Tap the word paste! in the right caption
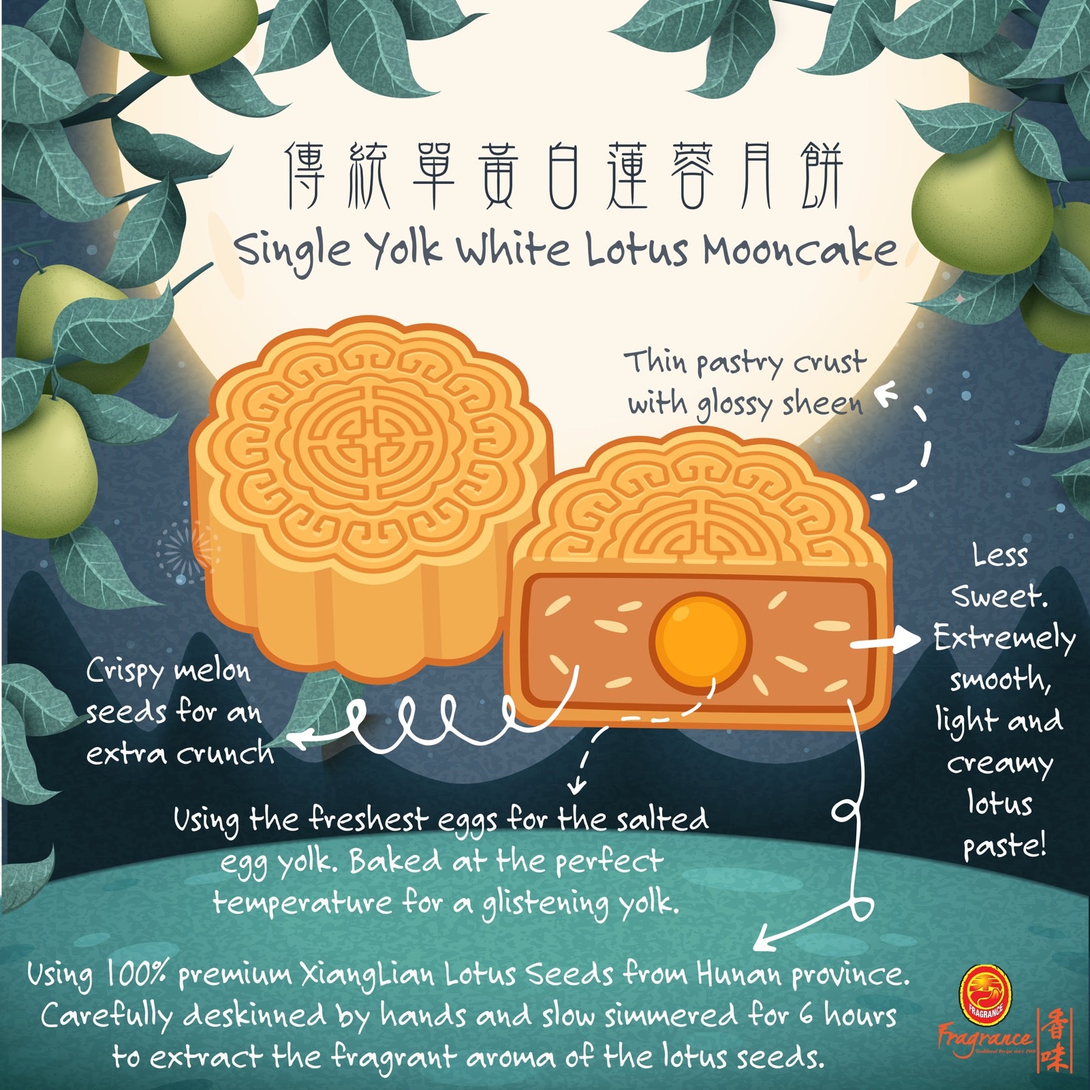pos(1003,847)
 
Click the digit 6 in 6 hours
pos(806,1016)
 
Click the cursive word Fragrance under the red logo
pos(984,1042)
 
